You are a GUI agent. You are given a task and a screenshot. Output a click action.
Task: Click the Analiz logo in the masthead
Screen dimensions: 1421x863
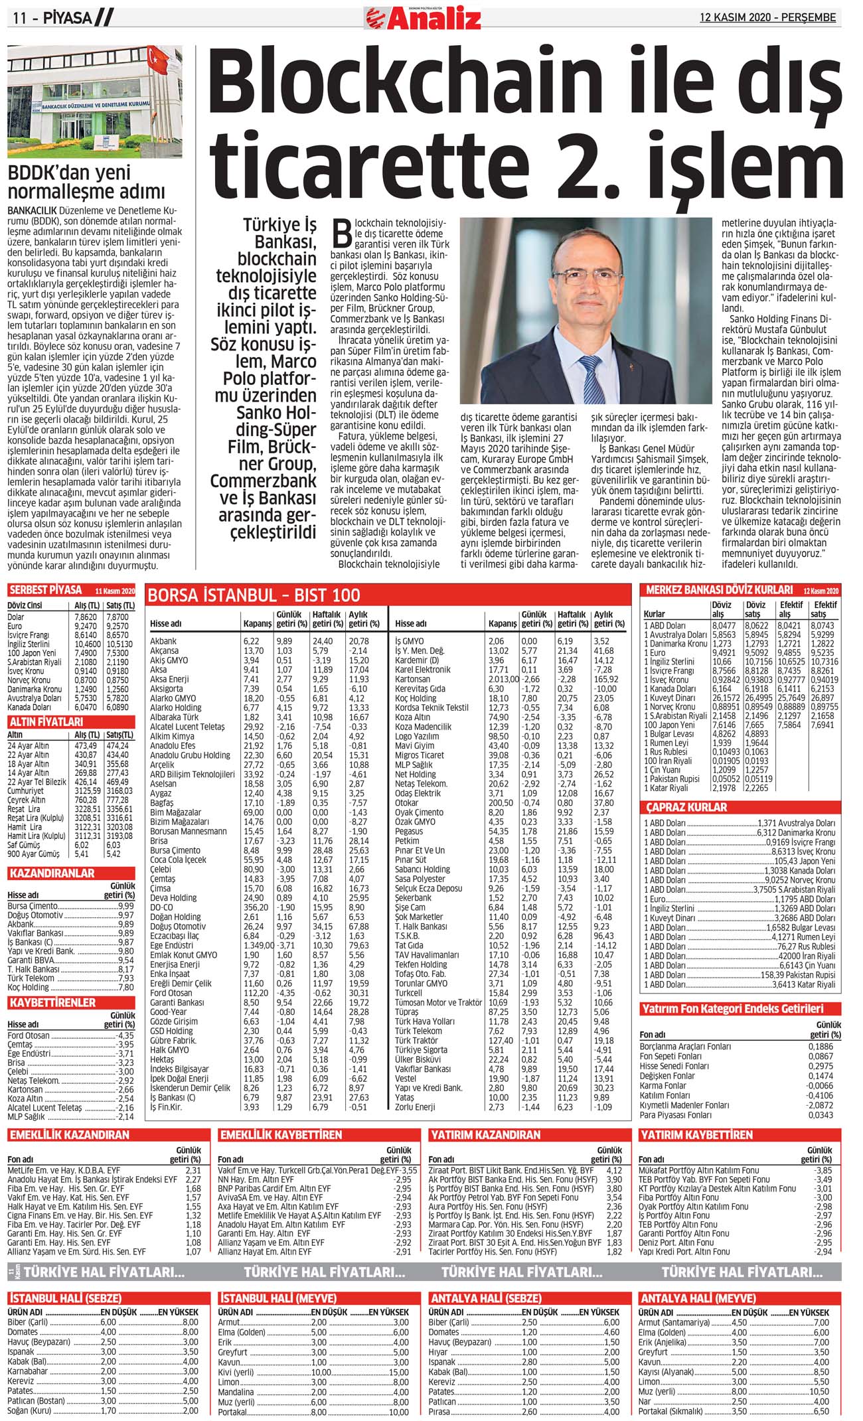pyautogui.click(x=423, y=18)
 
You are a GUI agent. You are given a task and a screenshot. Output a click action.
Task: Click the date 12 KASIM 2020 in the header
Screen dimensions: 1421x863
pyautogui.click(x=767, y=17)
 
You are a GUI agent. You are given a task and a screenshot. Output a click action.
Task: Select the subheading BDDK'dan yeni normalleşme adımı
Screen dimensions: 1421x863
pyautogui.click(x=86, y=183)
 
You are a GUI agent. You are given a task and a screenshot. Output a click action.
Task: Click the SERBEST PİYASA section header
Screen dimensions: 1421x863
pyautogui.click(x=46, y=590)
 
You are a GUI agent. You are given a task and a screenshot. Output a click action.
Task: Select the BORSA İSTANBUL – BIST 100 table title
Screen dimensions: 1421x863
pyautogui.click(x=254, y=595)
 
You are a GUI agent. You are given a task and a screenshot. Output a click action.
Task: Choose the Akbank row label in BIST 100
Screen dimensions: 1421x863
pyautogui.click(x=163, y=641)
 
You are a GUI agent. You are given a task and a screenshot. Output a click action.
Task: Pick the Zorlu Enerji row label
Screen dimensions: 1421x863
pyautogui.click(x=415, y=1107)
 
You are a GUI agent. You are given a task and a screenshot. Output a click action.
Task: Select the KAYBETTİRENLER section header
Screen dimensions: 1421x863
pyautogui.click(x=52, y=1002)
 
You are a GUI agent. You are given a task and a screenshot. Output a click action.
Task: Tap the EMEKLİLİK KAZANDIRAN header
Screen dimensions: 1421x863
pyautogui.click(x=69, y=1135)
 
